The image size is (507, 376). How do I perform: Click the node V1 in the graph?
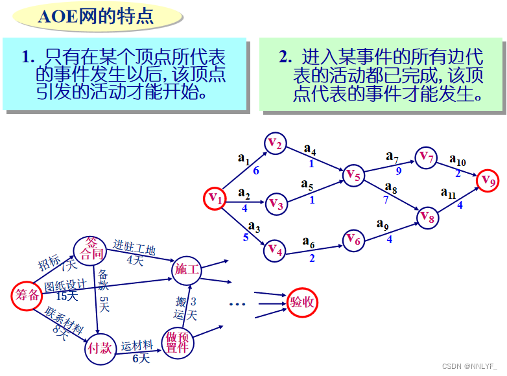tap(216, 199)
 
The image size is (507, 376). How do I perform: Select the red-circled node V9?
tap(489, 180)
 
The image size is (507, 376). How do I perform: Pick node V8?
tap(427, 218)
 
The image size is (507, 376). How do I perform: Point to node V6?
tap(353, 239)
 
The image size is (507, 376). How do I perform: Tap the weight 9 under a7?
tap(398, 171)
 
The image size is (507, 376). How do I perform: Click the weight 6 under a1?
tap(256, 171)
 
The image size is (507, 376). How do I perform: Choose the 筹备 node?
tap(27, 295)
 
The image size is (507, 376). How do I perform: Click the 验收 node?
tap(303, 302)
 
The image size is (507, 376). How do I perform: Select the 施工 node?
tap(187, 269)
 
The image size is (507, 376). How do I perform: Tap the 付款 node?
tap(100, 349)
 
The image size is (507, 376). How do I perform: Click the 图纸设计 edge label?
tap(65, 285)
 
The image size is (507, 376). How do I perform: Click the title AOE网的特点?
tap(96, 17)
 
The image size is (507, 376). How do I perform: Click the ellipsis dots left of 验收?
tap(237, 303)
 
